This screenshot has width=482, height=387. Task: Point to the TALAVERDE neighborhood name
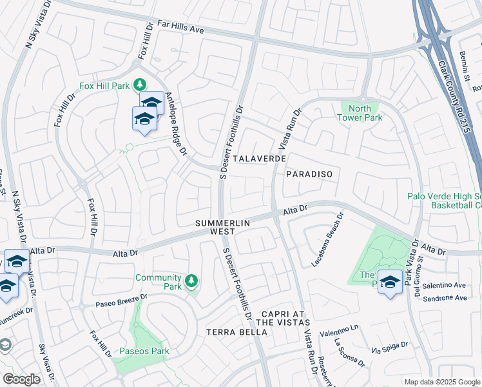tap(259, 159)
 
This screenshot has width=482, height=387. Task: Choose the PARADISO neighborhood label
tap(309, 174)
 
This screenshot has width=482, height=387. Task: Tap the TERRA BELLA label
tap(236, 332)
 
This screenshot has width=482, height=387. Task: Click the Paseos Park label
tap(144, 352)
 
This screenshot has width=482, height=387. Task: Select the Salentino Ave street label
tap(443, 284)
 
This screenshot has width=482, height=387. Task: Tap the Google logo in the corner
tap(21, 379)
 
